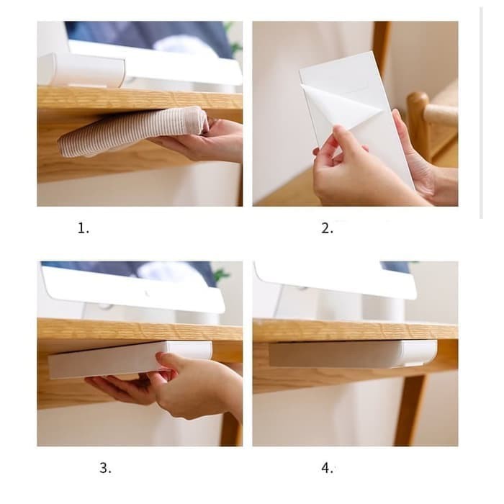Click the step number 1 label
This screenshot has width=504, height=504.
tap(83, 229)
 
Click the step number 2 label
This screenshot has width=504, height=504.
tap(327, 229)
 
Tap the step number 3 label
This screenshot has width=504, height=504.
tap(105, 468)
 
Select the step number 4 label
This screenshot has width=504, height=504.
tap(327, 468)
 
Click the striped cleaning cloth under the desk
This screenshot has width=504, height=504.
tap(130, 132)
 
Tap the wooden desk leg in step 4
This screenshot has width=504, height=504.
tap(410, 410)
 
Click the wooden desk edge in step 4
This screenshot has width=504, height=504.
tap(353, 330)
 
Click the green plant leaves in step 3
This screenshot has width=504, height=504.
tap(221, 275)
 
